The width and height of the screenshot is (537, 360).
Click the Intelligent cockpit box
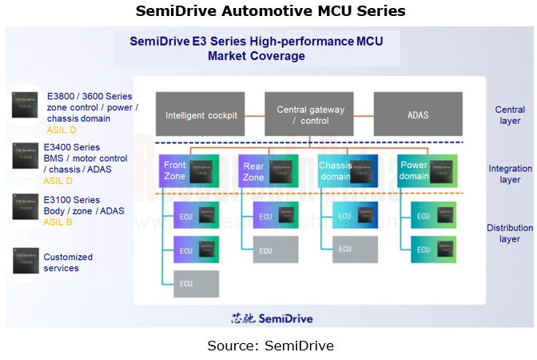[x=201, y=114]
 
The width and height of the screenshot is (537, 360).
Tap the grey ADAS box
[x=417, y=114]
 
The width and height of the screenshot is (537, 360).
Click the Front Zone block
[x=189, y=171]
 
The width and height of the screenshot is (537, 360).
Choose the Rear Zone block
[x=268, y=171]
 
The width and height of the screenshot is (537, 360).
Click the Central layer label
[x=509, y=115]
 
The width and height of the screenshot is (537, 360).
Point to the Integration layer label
[x=510, y=174]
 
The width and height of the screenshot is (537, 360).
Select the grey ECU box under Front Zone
[x=196, y=284]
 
